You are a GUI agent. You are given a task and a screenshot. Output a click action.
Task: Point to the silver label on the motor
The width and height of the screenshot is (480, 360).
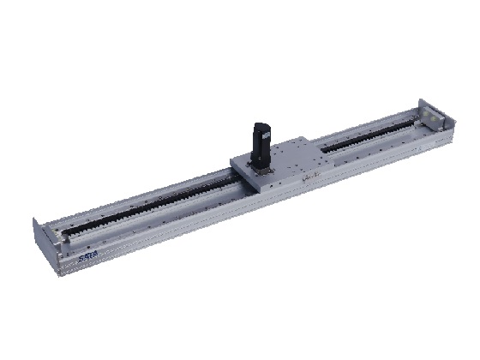(x=267, y=137)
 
